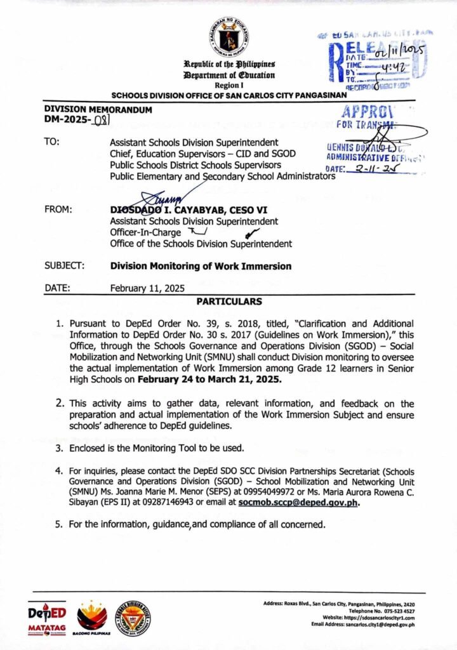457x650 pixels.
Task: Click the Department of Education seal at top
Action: point(228,37)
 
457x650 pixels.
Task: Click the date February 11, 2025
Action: point(148,288)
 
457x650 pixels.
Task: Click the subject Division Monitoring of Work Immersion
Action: point(201,267)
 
